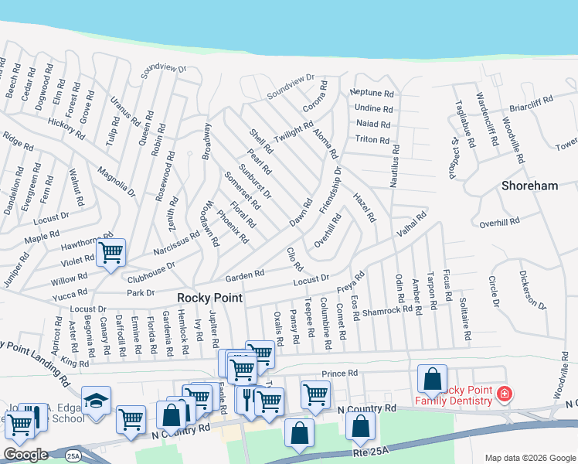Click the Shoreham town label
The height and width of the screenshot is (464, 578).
click(529, 186)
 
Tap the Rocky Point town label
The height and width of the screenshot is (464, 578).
click(209, 298)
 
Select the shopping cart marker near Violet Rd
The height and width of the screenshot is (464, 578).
click(111, 252)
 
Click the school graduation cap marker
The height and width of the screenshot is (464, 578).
click(96, 401)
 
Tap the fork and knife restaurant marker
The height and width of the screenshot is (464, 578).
click(247, 400)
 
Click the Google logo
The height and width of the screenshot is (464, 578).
click(25, 454)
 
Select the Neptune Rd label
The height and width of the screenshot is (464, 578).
click(372, 94)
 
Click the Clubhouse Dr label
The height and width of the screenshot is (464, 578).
click(151, 269)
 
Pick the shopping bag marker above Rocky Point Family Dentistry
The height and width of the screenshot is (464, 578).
click(432, 378)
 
